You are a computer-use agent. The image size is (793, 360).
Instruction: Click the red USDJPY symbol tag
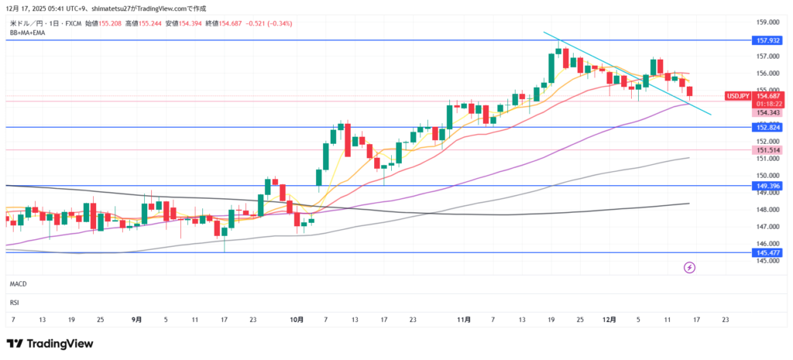click(736, 96)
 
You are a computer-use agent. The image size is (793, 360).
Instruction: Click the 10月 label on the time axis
click(297, 319)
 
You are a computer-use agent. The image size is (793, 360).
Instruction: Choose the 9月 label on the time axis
click(137, 319)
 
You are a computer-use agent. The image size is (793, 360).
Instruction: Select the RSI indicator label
click(14, 302)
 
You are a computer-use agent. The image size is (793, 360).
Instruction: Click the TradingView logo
click(50, 343)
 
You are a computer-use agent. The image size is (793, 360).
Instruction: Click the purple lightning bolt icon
click(689, 268)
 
